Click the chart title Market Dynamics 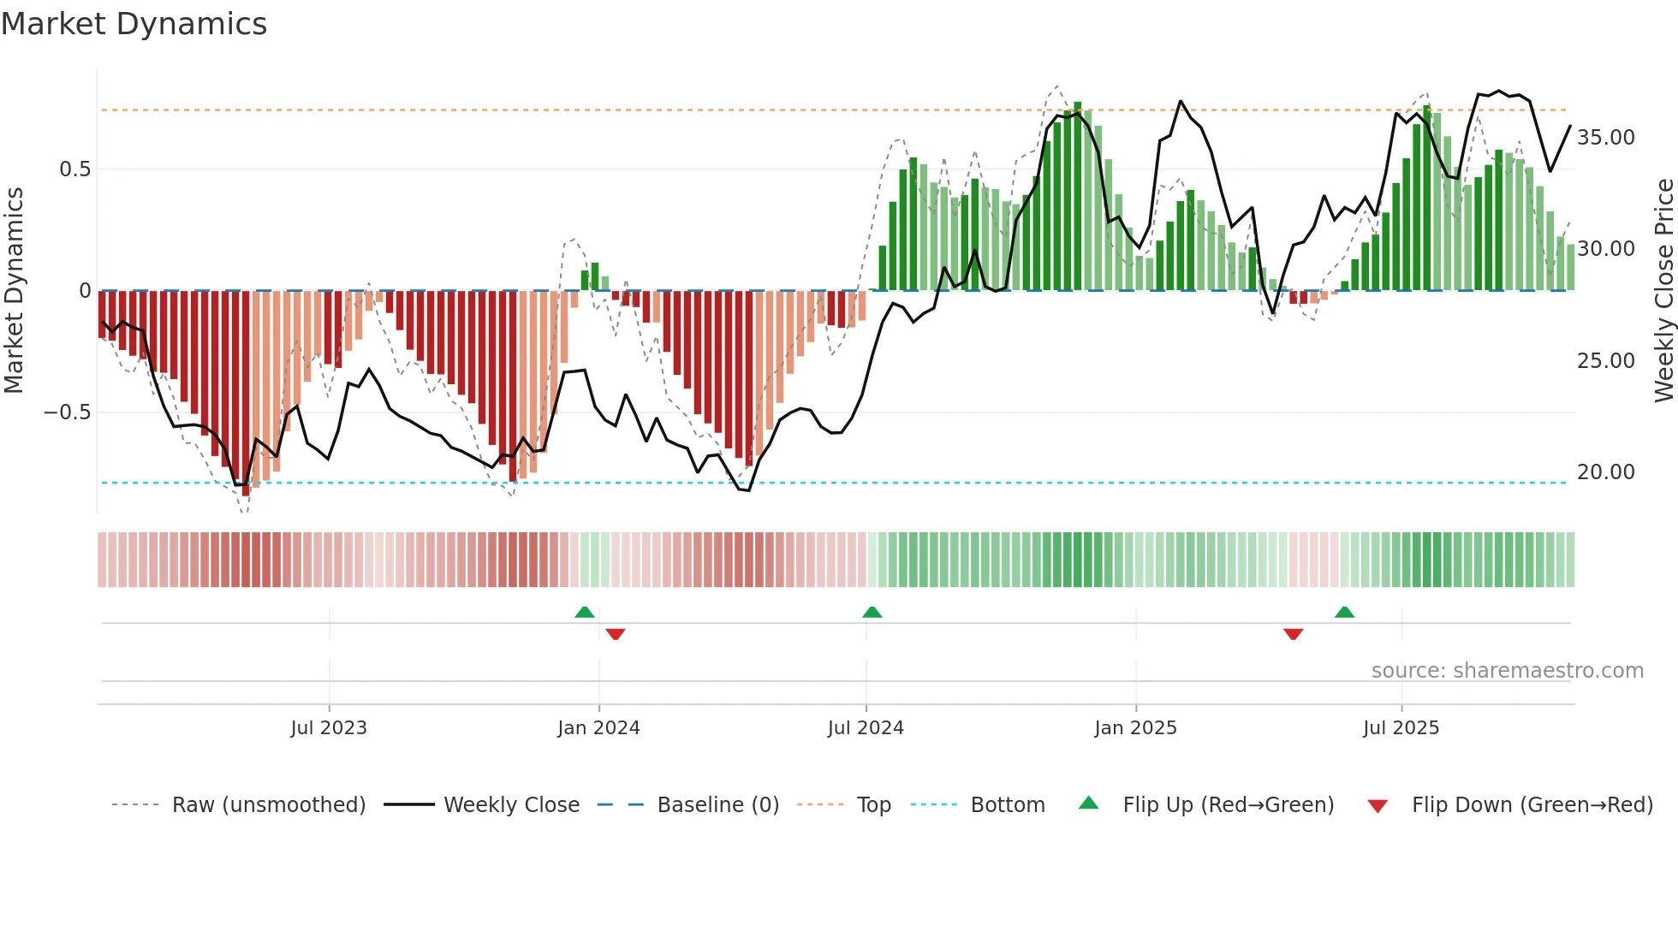(x=134, y=24)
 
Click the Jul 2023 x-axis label (x=329, y=728)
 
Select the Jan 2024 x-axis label (x=598, y=728)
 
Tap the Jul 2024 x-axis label (x=866, y=728)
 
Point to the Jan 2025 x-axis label (x=1135, y=728)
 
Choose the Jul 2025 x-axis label (x=1401, y=728)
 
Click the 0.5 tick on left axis (x=74, y=169)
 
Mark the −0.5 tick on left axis (x=67, y=412)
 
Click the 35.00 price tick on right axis (x=1605, y=138)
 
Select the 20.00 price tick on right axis (x=1605, y=472)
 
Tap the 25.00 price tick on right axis (x=1605, y=361)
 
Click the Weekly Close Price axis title (x=1663, y=291)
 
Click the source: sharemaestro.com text (x=1507, y=671)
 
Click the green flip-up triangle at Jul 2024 (x=872, y=612)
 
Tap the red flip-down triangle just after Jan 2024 (x=615, y=634)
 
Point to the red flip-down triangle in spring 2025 (x=1293, y=634)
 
